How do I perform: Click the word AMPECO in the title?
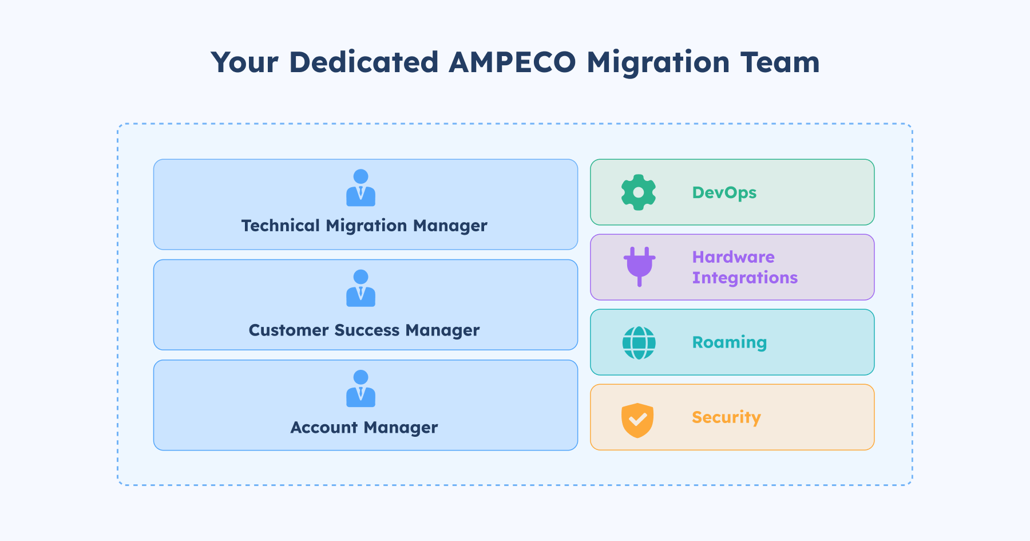(x=512, y=62)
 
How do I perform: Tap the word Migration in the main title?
(x=658, y=63)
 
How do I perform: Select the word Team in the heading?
(x=780, y=62)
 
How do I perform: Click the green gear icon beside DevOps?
(x=639, y=192)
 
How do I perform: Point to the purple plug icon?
(x=639, y=266)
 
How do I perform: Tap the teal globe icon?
(x=639, y=343)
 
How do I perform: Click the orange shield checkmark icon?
(x=637, y=420)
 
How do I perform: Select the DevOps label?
(x=724, y=192)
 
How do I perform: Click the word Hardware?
(x=733, y=257)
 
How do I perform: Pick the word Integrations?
(x=744, y=278)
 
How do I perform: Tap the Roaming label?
(x=729, y=342)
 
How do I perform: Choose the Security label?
(x=726, y=417)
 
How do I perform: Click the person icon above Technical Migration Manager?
(x=360, y=188)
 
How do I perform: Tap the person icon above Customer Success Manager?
(x=360, y=288)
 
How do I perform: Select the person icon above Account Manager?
(x=360, y=388)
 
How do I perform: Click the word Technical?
(x=280, y=226)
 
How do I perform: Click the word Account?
(x=324, y=428)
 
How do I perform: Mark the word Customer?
(x=288, y=330)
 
